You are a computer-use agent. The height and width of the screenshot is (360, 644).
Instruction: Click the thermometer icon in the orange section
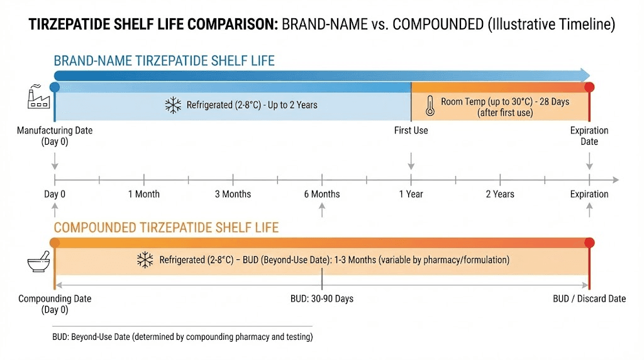pos(430,106)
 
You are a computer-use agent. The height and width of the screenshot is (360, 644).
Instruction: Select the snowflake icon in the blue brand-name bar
pos(173,105)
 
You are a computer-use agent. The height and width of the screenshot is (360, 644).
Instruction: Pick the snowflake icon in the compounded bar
pos(145,260)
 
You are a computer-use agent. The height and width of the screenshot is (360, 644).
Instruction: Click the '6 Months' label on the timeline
pos(322,194)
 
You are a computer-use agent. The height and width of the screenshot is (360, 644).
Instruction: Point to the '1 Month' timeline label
pos(144,194)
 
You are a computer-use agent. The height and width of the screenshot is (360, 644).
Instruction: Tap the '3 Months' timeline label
pos(233,194)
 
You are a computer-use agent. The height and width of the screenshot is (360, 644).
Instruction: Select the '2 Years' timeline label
pos(500,194)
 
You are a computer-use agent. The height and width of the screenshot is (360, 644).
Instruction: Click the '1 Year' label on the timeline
pos(411,194)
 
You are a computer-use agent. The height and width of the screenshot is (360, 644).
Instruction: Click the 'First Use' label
pos(411,130)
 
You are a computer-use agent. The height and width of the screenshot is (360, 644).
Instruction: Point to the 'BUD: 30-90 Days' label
pos(322,298)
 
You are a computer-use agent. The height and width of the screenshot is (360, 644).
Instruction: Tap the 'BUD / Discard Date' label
pos(589,298)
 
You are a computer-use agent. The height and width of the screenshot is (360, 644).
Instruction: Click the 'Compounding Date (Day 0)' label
pos(55,304)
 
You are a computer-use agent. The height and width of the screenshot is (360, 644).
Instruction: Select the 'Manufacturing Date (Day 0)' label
pos(55,136)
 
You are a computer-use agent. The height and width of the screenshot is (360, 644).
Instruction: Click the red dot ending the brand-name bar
pos(589,87)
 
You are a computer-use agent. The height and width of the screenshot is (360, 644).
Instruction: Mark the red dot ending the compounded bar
pos(589,243)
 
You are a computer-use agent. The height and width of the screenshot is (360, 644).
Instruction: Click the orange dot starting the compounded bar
pos(55,243)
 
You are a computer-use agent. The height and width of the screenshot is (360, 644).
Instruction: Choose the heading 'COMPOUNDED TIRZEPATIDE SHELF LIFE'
pos(166,227)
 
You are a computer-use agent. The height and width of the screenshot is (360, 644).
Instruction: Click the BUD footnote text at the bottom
pos(182,337)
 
